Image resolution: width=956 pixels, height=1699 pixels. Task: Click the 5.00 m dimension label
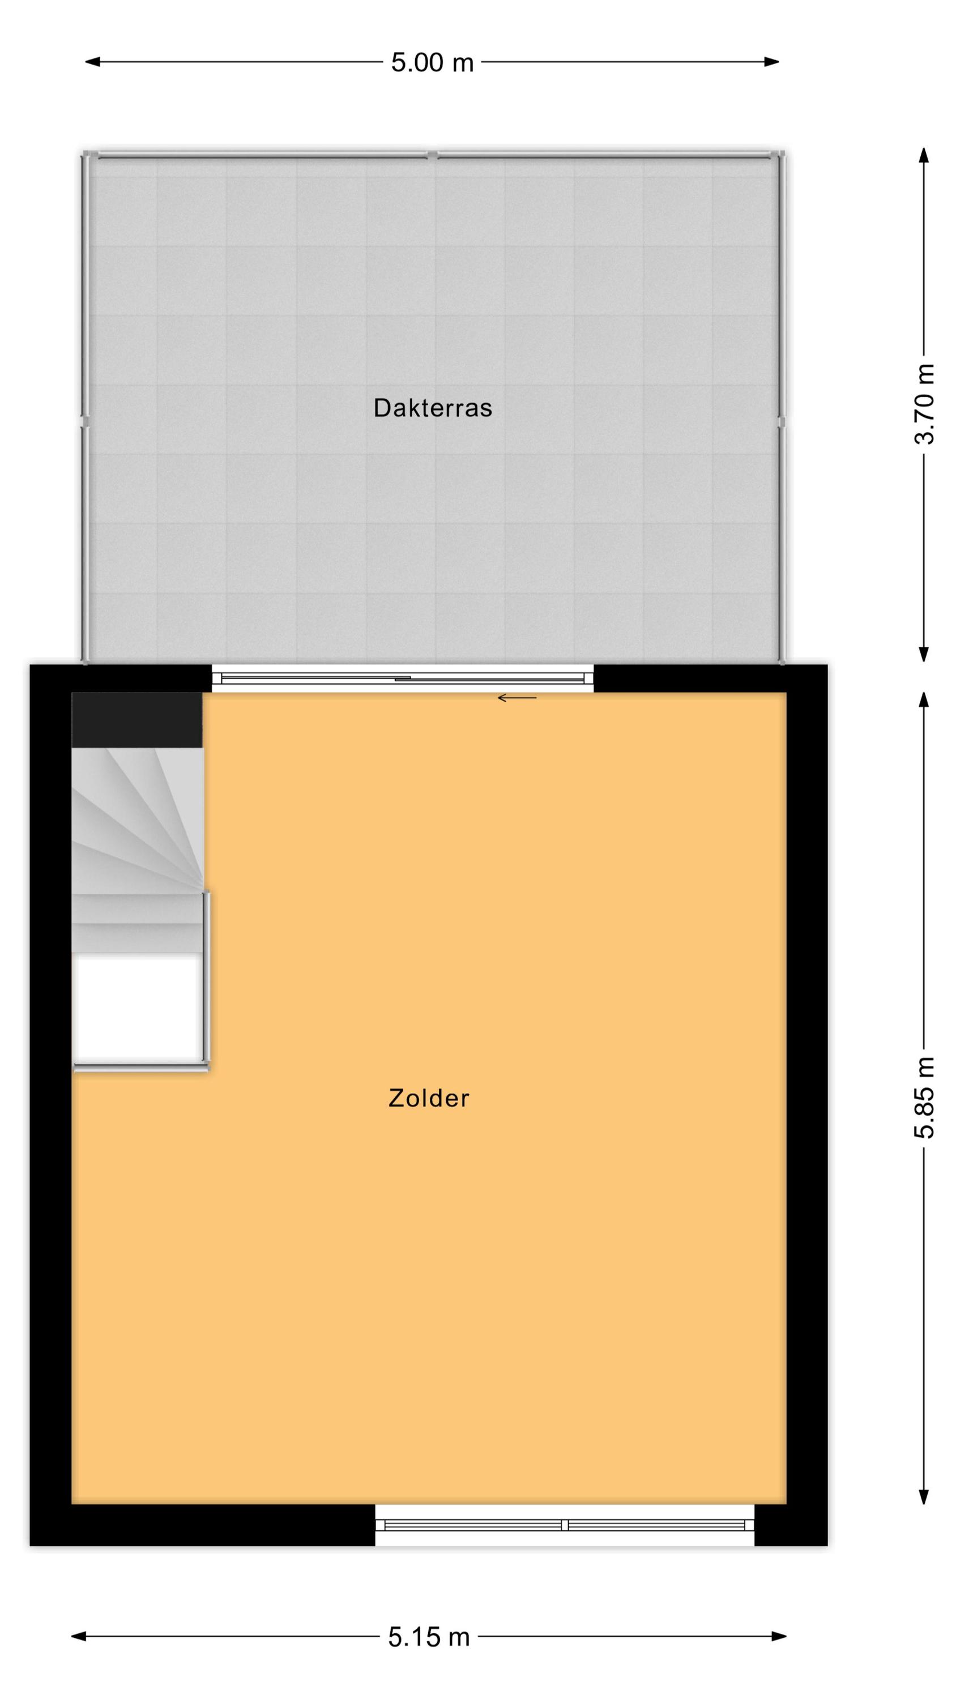[432, 63]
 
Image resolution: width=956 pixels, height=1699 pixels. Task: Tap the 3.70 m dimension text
[924, 404]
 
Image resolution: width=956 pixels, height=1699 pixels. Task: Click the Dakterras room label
[433, 408]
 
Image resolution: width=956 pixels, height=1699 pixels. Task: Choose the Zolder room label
[429, 1098]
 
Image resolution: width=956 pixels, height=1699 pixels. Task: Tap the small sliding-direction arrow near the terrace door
[517, 698]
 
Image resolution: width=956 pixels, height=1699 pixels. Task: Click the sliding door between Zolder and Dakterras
[403, 678]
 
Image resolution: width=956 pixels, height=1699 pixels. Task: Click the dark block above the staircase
[136, 720]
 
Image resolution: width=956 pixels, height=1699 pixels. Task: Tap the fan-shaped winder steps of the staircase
[137, 821]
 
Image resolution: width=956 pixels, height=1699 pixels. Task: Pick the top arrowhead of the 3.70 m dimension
[924, 155]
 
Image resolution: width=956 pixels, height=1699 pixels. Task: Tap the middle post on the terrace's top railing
[432, 156]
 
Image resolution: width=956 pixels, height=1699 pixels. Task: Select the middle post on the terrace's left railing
[85, 421]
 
